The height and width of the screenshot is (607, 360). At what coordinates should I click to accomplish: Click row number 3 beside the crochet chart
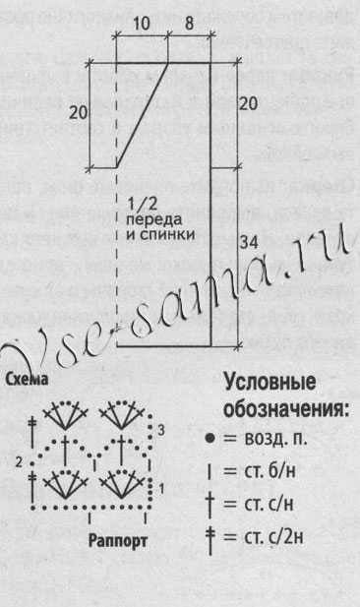click(x=161, y=430)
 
